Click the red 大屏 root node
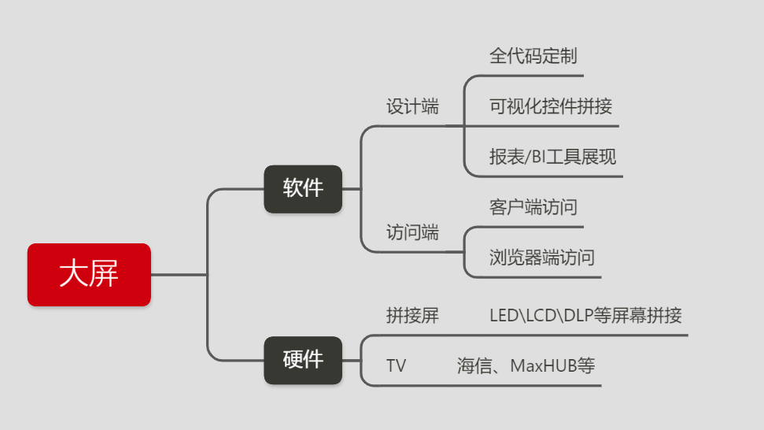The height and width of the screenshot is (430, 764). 89,275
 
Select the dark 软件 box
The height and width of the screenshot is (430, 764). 303,189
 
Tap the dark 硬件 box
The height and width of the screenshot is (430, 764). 303,360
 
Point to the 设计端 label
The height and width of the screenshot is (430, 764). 412,107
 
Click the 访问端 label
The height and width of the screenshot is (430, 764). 412,233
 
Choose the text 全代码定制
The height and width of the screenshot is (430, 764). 533,57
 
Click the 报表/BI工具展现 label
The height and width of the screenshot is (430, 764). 552,157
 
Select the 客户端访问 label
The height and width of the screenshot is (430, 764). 533,207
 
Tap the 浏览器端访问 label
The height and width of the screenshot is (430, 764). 542,258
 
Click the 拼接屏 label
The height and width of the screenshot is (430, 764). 412,317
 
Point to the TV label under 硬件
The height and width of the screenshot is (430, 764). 397,366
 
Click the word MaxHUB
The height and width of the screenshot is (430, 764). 543,366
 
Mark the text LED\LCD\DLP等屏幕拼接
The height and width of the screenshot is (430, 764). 585,317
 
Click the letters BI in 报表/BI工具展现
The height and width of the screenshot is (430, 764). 539,157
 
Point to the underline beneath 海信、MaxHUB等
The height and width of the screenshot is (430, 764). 504,386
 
